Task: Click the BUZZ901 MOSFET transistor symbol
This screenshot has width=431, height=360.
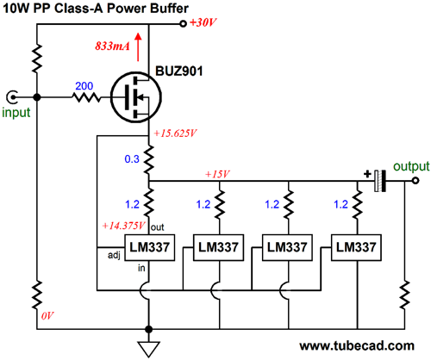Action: tap(136, 97)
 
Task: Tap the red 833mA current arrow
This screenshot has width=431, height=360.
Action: tap(138, 47)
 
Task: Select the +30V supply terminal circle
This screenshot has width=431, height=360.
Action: tap(183, 24)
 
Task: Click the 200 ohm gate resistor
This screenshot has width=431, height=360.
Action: tap(86, 97)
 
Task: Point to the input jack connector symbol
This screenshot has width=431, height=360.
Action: tap(12, 97)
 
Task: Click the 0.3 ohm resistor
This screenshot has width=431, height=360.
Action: tap(148, 159)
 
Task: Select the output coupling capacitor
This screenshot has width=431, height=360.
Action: tap(380, 181)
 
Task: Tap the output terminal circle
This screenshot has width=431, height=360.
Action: tap(415, 181)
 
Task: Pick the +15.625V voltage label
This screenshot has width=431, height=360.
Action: tap(175, 133)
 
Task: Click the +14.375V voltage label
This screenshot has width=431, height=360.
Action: tap(124, 226)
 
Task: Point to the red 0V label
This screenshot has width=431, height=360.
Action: tap(47, 316)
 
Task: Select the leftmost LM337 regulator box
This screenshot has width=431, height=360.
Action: tap(149, 248)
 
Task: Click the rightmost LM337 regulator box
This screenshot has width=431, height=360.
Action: tap(356, 248)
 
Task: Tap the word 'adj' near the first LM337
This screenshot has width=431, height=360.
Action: tap(114, 256)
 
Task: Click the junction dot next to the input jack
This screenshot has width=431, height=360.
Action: tap(37, 97)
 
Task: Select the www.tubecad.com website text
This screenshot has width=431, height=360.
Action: tap(357, 345)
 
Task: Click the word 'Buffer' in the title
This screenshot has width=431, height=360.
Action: tap(169, 8)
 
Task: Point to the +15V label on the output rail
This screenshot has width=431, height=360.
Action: tap(217, 174)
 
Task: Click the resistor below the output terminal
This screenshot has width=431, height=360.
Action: tap(404, 295)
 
